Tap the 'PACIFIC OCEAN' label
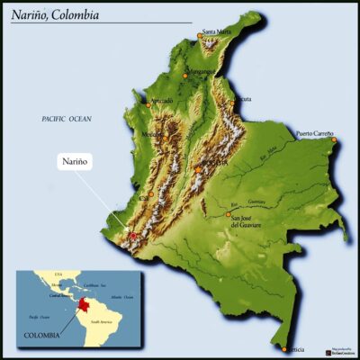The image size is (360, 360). click(x=67, y=119)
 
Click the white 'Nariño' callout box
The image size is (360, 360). click(x=74, y=161)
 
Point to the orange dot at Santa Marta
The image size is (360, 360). click(x=200, y=37)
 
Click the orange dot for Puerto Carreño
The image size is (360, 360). click(x=334, y=139)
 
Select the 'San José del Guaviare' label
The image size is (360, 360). click(x=248, y=220)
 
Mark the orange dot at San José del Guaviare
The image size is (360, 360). click(x=228, y=215)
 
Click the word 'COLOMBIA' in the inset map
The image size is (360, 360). click(x=42, y=335)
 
